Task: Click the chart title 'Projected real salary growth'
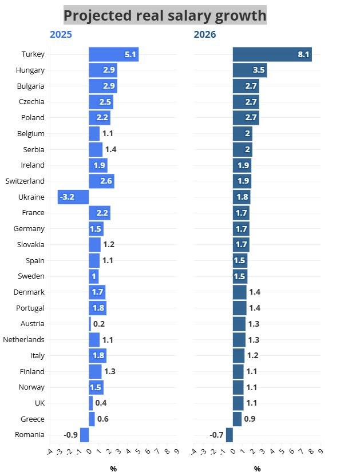point(164,15)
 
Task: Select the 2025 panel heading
point(61,35)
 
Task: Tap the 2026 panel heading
point(205,35)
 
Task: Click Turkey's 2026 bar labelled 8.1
point(272,54)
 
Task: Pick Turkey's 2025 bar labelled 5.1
point(113,54)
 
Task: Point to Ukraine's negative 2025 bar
point(73,197)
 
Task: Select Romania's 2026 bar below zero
point(230,435)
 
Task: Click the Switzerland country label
point(25,181)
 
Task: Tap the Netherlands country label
point(23,339)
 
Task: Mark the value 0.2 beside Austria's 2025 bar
point(99,324)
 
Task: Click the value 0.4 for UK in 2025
point(101,403)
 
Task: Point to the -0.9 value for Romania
point(70,435)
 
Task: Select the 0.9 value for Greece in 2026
point(250,419)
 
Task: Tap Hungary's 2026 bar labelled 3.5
point(250,70)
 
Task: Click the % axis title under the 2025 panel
point(113,469)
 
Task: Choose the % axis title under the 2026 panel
point(257,469)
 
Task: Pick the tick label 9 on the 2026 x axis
point(319,452)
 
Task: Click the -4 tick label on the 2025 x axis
point(50,452)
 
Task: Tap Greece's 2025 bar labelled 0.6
point(92,419)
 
